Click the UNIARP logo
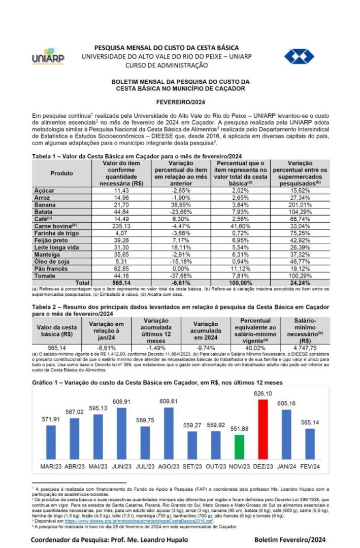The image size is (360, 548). pyautogui.click(x=48, y=57)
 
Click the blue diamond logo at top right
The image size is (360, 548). pyautogui.click(x=299, y=56)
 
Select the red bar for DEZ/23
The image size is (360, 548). pyautogui.click(x=263, y=429)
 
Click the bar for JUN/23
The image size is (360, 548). pyautogui.click(x=122, y=433)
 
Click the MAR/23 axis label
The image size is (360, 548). pyautogui.click(x=51, y=466)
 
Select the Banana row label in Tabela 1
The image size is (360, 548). pyautogui.click(x=45, y=204)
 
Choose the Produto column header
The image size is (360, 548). pyautogui.click(x=61, y=173)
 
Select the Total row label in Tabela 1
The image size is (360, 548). pyautogui.click(x=82, y=282)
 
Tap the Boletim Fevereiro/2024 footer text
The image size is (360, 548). pyautogui.click(x=290, y=539)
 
